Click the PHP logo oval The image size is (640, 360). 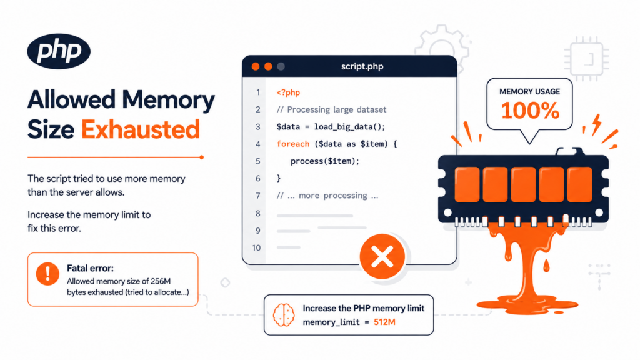pos(59,51)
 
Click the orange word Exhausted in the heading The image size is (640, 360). pos(141,129)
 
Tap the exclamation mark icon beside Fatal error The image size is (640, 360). pos(47,273)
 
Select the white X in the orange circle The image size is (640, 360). pos(382,257)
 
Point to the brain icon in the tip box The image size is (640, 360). pos(284,315)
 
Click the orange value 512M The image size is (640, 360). pos(384,322)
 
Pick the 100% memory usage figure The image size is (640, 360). pos(530,111)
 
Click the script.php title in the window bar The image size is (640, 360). pos(362,66)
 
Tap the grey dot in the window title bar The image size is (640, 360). pos(281,66)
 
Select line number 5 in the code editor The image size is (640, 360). pos(258,161)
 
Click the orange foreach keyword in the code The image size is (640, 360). pos(293,144)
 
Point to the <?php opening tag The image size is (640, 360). pos(288,92)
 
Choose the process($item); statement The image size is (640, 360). pos(325,161)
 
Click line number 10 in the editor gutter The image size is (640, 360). pos(256,247)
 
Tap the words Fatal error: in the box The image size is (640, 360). pos(90,268)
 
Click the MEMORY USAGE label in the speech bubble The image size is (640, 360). pos(530,91)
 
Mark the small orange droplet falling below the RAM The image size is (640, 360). pos(546,266)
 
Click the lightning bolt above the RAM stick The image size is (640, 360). pos(597,124)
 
